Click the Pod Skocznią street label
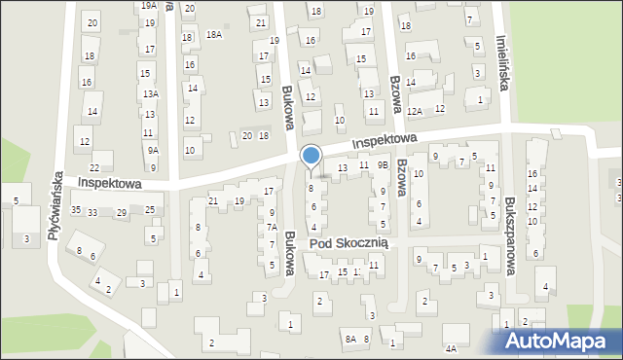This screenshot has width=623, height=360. (x=348, y=242)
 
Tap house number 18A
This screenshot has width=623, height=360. (x=214, y=35)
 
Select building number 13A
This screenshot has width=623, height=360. (x=150, y=94)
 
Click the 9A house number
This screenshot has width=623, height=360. (x=153, y=151)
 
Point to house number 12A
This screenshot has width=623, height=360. (x=415, y=112)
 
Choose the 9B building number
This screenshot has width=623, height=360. (x=384, y=165)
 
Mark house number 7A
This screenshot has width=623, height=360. (x=273, y=228)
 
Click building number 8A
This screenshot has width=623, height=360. (x=348, y=339)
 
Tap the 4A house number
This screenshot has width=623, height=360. (x=450, y=348)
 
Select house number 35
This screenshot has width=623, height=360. (x=75, y=210)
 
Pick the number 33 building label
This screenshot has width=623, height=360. (x=92, y=212)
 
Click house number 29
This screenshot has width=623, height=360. (x=122, y=212)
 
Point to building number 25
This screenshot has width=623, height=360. (x=150, y=210)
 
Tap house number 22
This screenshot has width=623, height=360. (x=68, y=167)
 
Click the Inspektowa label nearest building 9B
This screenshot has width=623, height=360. (x=385, y=141)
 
